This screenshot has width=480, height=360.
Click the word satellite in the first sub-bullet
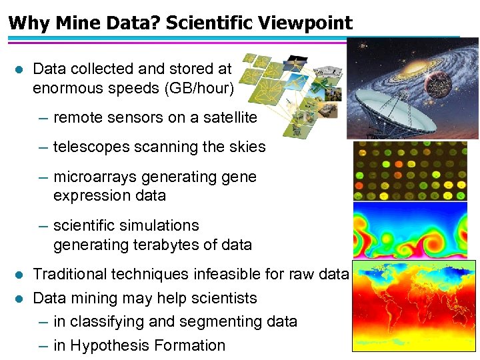pyautogui.click(x=225, y=117)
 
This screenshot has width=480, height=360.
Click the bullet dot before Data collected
pyautogui.click(x=19, y=69)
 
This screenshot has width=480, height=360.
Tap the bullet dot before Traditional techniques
pyautogui.click(x=19, y=275)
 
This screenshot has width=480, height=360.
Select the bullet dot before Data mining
pyautogui.click(x=19, y=299)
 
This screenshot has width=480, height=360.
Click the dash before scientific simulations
pyautogui.click(x=43, y=226)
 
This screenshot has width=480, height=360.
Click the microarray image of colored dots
pyautogui.click(x=409, y=171)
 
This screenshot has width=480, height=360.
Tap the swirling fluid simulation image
pyautogui.click(x=409, y=231)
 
